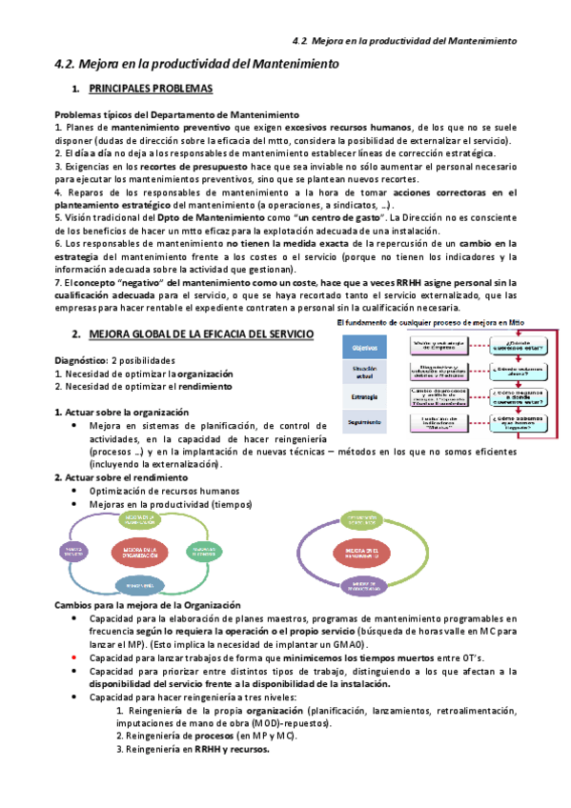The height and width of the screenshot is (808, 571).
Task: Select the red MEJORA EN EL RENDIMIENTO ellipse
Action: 359,552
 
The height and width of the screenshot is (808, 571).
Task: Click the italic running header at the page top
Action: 403,41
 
